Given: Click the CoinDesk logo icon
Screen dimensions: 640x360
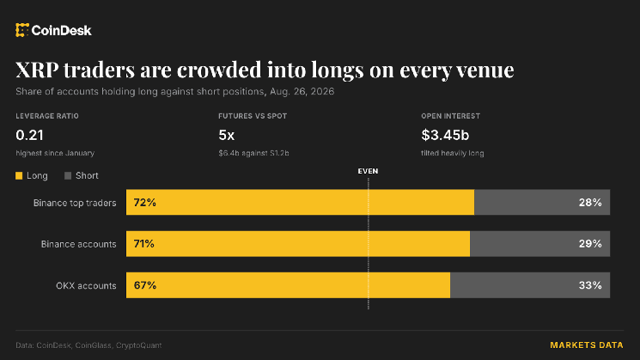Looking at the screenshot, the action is click(x=22, y=30).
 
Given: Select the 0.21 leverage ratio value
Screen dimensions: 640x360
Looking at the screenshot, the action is click(x=29, y=135).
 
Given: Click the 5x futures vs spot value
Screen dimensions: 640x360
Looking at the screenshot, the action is click(x=227, y=135).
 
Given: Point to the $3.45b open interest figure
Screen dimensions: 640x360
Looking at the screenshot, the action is click(x=445, y=135).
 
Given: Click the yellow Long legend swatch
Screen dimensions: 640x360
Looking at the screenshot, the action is click(x=19, y=175).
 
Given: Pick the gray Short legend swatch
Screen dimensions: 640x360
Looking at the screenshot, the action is click(x=68, y=175).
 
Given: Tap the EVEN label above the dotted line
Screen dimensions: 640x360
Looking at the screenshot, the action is click(x=368, y=171).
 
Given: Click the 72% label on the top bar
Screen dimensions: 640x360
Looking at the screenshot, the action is click(x=145, y=203).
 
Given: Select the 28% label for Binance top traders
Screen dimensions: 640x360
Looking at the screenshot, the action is click(x=590, y=203).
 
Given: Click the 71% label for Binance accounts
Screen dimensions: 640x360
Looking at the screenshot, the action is click(x=144, y=244).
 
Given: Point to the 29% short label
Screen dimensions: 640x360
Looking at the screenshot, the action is click(x=590, y=244).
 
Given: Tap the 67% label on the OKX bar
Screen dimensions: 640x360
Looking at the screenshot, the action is click(x=145, y=285).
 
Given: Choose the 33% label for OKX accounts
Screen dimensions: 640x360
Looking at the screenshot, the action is click(x=590, y=285).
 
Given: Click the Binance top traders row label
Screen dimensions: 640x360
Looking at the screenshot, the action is click(x=75, y=203).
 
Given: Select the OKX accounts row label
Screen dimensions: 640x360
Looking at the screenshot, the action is click(x=86, y=286).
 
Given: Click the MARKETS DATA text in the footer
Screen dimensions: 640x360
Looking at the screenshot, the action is click(x=587, y=345).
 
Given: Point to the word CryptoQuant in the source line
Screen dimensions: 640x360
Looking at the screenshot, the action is click(x=139, y=345).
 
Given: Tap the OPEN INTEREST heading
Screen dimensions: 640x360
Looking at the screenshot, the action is click(x=451, y=116).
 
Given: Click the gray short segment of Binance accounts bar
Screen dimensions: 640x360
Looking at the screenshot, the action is click(x=540, y=244).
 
